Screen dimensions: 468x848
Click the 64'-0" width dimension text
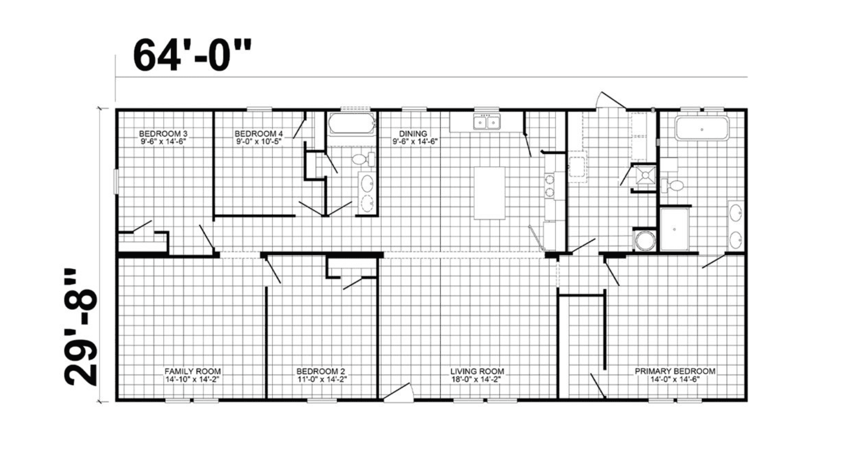[192, 55]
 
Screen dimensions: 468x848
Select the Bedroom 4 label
[259, 134]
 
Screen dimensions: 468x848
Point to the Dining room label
[413, 134]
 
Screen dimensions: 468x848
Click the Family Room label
[193, 371]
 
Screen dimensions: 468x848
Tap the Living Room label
[477, 371]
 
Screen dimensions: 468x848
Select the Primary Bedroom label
[675, 371]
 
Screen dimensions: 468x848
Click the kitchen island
[489, 193]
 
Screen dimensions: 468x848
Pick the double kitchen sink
[487, 122]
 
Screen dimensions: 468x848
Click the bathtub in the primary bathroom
[702, 129]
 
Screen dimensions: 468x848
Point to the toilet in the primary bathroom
[673, 185]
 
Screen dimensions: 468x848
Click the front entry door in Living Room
[398, 393]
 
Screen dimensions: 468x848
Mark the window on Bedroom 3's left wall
[116, 182]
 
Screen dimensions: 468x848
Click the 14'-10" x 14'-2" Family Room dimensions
[193, 379]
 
